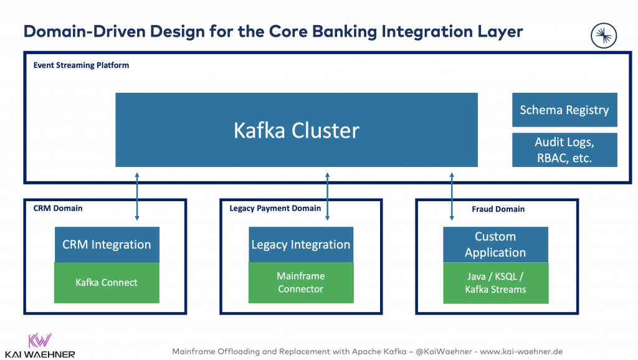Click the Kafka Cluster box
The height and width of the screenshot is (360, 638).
(x=297, y=130)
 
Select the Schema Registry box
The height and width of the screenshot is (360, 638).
(x=564, y=110)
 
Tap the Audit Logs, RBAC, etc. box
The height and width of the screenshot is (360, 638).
(x=564, y=149)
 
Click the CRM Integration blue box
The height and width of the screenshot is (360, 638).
(x=107, y=244)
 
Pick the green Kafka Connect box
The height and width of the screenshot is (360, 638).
(x=107, y=283)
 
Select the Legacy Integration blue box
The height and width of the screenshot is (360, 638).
(x=301, y=244)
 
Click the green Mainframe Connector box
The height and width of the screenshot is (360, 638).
(x=301, y=283)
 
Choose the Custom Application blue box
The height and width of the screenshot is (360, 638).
(x=495, y=244)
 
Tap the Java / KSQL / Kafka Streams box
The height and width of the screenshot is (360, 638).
(x=495, y=283)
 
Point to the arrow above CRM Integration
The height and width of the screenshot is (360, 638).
(x=137, y=196)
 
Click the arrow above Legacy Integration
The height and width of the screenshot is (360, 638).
(x=327, y=196)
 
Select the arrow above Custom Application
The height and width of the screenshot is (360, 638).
(x=452, y=196)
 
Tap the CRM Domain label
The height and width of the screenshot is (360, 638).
(x=57, y=208)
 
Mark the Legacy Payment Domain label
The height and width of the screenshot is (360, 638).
(x=275, y=208)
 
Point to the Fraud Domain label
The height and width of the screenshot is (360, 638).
(x=498, y=209)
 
